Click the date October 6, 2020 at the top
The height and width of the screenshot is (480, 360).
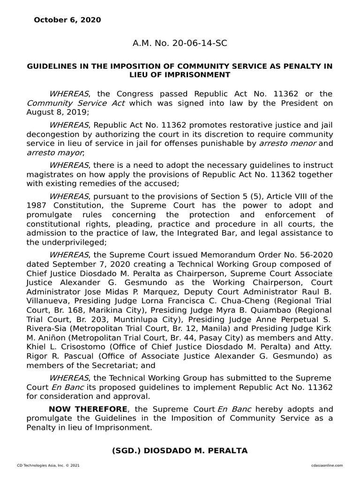pyautogui.click(x=67, y=20)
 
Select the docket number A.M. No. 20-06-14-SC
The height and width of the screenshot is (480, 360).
pyautogui.click(x=180, y=44)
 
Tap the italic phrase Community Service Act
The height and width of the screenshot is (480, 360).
pyautogui.click(x=75, y=103)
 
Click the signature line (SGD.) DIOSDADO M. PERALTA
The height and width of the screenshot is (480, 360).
pyautogui.click(x=180, y=450)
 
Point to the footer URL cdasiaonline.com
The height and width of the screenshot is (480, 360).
pyautogui.click(x=326, y=465)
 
